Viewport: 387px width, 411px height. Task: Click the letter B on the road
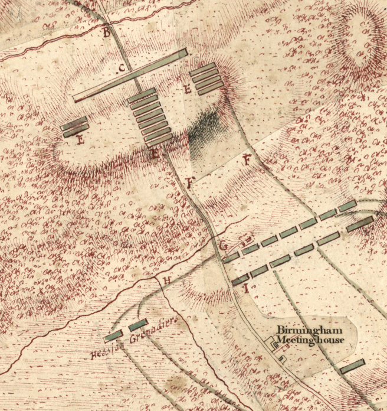coord(106,33)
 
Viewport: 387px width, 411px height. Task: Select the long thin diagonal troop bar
coord(130,76)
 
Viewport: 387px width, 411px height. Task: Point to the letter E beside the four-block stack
coord(188,90)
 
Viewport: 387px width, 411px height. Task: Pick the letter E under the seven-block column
coord(155,155)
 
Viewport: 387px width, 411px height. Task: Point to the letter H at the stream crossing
coord(168,278)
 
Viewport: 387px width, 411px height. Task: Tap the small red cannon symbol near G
coord(247,240)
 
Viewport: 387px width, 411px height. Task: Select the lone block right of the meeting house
coord(353,366)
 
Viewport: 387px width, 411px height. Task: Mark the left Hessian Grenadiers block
coord(113,336)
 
